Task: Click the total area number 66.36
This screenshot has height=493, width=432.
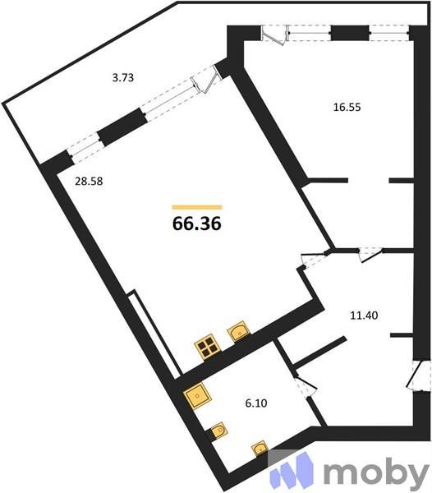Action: click(x=197, y=223)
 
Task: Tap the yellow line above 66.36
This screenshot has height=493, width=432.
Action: click(x=197, y=207)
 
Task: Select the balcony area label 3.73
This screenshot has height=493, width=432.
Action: click(x=123, y=78)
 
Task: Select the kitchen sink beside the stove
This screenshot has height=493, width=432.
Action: click(x=238, y=331)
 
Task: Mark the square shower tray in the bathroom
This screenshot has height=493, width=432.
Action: click(x=198, y=397)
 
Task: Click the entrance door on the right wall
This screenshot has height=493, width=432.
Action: click(x=420, y=377)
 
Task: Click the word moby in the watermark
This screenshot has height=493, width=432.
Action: click(x=375, y=473)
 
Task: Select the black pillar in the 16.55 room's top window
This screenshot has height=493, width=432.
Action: click(x=349, y=33)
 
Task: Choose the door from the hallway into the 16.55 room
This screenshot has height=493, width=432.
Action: click(x=370, y=254)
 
